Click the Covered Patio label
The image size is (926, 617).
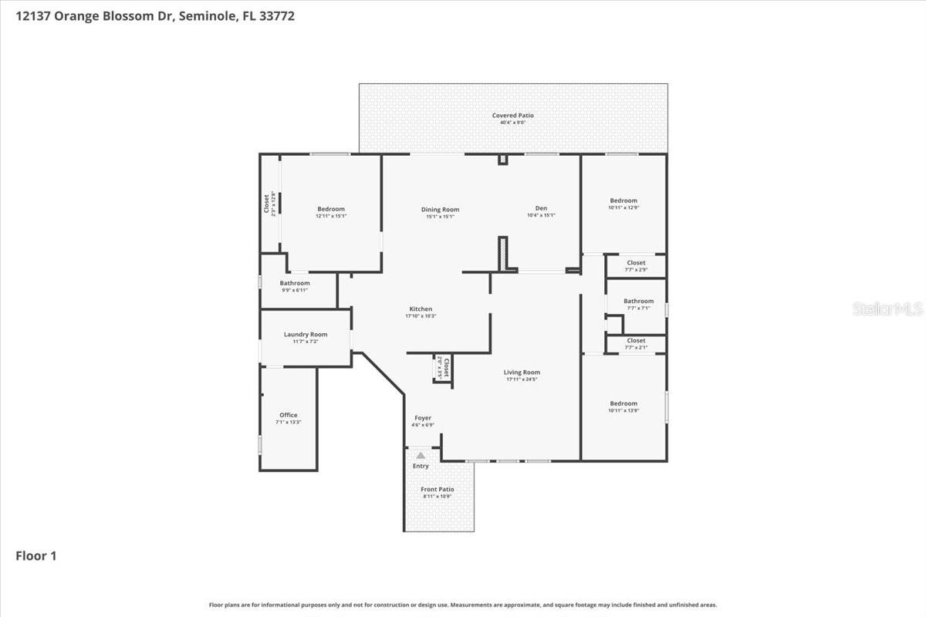[513, 116]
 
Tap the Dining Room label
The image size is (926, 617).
[440, 210]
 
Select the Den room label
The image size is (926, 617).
[541, 208]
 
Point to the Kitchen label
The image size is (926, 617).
[421, 309]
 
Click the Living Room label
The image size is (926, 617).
[522, 373]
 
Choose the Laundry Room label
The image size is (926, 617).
[306, 335]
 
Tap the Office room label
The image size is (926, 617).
[288, 416]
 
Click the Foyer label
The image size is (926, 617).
[423, 418]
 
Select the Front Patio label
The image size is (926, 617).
[438, 490]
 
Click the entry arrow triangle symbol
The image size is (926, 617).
[421, 456]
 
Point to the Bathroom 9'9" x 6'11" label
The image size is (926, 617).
[295, 284]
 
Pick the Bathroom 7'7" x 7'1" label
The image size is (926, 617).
[638, 302]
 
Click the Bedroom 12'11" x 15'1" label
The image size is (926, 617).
[330, 209]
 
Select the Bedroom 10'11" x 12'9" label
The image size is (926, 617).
[624, 201]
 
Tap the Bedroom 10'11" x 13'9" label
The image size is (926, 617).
[624, 404]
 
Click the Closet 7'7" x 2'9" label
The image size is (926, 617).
[636, 263]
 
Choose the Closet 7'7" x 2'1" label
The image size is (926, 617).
[636, 341]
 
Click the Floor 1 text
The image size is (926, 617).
[36, 555]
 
